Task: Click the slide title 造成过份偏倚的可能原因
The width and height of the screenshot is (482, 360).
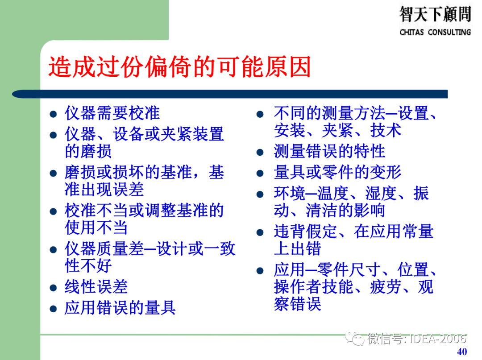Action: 179,68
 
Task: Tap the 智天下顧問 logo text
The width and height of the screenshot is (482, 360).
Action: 435,14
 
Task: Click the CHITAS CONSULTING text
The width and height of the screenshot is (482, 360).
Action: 435,32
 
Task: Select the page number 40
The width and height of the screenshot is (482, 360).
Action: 462,351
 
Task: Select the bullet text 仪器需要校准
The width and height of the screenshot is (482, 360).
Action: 112,113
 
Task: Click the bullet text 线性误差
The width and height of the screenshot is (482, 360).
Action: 96,286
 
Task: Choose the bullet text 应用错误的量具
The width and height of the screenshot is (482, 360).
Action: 120,307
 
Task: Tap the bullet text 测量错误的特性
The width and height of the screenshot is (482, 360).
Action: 329,151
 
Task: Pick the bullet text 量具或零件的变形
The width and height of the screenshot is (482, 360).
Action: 337,172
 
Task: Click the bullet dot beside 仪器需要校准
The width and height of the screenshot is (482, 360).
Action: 53,114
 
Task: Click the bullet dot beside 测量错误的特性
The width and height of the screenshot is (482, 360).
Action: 261,153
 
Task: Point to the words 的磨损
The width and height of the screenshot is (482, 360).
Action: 88,151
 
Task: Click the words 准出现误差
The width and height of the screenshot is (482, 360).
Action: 104,189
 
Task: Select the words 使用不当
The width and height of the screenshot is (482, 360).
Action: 96,228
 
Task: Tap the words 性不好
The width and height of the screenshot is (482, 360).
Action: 88,266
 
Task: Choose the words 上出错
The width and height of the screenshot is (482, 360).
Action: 297,248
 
